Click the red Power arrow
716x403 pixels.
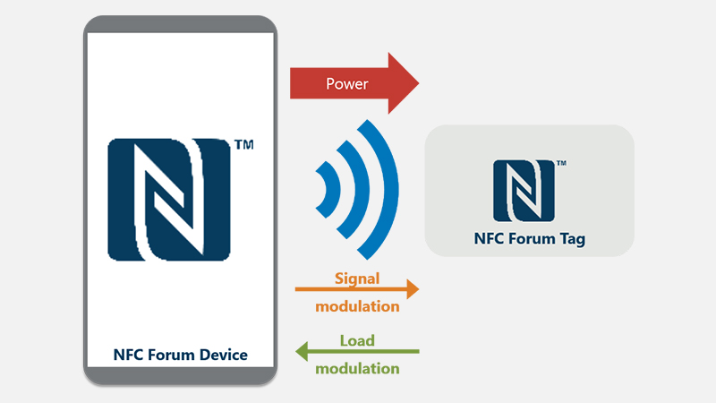[354, 84]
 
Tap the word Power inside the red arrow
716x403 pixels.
[347, 84]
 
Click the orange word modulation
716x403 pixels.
[357, 305]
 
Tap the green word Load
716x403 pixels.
[357, 339]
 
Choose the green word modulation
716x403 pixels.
[357, 368]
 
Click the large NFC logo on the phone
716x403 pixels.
[169, 198]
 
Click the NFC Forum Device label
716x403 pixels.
[180, 355]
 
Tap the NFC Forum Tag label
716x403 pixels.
[530, 239]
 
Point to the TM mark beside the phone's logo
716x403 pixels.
[243, 143]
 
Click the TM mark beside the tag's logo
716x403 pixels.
[560, 163]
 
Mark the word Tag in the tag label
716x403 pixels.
[573, 239]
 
